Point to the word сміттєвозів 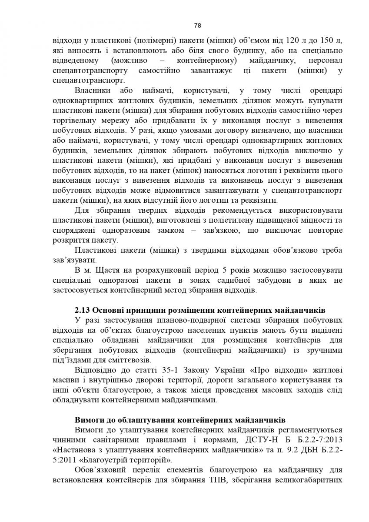point(128,360)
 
